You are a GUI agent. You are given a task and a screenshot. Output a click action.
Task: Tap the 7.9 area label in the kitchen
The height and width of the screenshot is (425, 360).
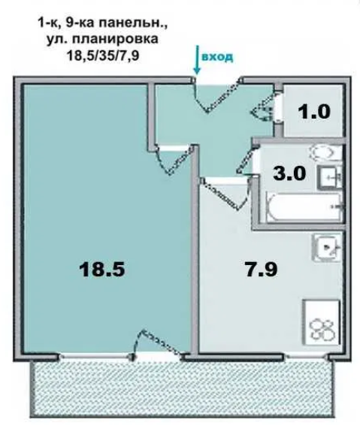[262, 270]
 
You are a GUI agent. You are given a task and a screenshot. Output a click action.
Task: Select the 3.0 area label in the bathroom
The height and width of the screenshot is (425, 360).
[289, 173]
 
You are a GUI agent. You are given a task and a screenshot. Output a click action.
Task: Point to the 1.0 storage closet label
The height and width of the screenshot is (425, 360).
[314, 112]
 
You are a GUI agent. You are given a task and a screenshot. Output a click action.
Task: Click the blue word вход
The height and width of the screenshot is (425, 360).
[217, 57]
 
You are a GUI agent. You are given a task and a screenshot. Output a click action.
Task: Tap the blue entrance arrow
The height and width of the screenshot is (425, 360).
[197, 60]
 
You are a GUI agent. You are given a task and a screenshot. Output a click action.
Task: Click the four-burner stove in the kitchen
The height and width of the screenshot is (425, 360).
[322, 323]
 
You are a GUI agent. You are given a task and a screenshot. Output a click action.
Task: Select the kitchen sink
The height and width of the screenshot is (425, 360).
[326, 248]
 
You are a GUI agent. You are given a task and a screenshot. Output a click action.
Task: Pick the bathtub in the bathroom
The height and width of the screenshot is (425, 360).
[304, 208]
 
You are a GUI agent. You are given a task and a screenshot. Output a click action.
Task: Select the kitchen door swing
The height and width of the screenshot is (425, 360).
[225, 193]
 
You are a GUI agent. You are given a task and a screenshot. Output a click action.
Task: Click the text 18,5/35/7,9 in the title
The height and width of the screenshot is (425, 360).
[103, 56]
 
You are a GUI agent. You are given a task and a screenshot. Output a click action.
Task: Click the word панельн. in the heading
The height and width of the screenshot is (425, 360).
[132, 23]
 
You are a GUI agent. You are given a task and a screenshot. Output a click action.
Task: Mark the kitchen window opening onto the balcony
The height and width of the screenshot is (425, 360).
[306, 357]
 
